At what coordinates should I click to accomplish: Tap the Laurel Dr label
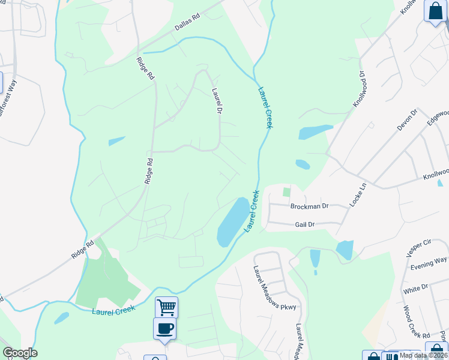[x=217, y=102]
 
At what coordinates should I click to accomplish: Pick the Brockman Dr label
[x=309, y=206]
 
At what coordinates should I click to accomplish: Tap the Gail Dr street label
[x=305, y=224]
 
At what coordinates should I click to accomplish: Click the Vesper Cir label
[x=419, y=248]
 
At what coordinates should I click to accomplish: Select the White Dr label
[x=415, y=289]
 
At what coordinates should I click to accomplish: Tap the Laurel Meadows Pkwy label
[x=274, y=289]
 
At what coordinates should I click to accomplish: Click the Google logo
[x=20, y=353]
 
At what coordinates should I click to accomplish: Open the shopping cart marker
[x=166, y=307]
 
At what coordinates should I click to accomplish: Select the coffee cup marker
[x=164, y=328]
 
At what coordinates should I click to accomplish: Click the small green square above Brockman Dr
[x=286, y=193]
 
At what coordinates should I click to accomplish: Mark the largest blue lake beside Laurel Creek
[x=233, y=221]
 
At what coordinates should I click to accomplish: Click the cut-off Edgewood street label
[x=437, y=119]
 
